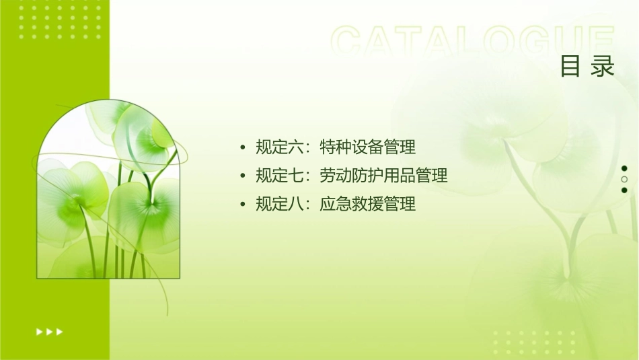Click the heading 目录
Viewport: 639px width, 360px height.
(588, 67)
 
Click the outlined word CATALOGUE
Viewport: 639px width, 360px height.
(473, 42)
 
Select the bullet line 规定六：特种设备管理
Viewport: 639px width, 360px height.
(336, 147)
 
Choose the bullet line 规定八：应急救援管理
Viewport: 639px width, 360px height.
(336, 204)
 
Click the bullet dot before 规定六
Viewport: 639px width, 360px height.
(242, 147)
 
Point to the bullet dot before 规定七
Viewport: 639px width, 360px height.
(242, 176)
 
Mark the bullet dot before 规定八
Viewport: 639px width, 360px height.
(242, 205)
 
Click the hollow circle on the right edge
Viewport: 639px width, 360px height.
(624, 180)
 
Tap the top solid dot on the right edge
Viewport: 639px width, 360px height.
(624, 168)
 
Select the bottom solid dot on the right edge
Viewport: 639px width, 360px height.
(624, 190)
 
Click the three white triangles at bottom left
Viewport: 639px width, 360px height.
(50, 331)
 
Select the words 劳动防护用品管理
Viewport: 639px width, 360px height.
(384, 176)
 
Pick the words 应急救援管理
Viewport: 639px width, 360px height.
(368, 204)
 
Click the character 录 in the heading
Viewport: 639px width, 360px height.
(603, 67)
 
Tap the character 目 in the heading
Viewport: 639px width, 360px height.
(571, 67)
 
